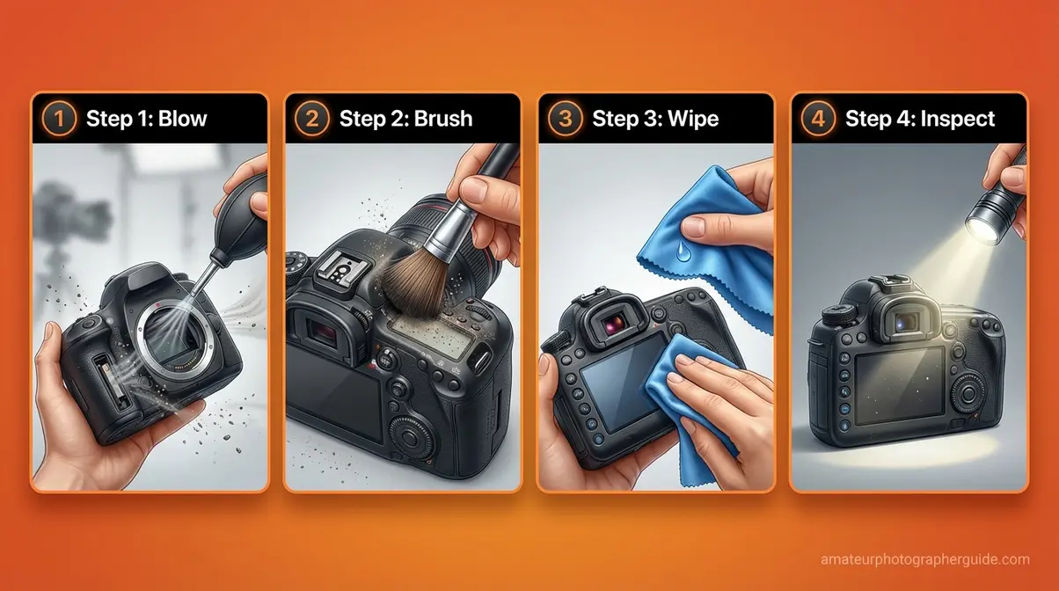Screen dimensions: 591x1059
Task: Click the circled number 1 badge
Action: point(59,119)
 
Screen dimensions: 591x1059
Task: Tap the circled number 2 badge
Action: point(311,119)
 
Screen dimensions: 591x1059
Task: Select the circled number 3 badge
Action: point(565,119)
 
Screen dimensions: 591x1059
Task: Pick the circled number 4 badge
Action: point(817,119)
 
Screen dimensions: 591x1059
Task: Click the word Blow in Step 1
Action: point(183,119)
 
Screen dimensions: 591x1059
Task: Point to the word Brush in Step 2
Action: point(441,119)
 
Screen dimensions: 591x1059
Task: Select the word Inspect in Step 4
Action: point(957,119)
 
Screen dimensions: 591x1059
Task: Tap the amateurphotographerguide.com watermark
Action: point(924,559)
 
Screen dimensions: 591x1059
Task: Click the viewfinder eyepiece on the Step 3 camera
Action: point(585,330)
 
